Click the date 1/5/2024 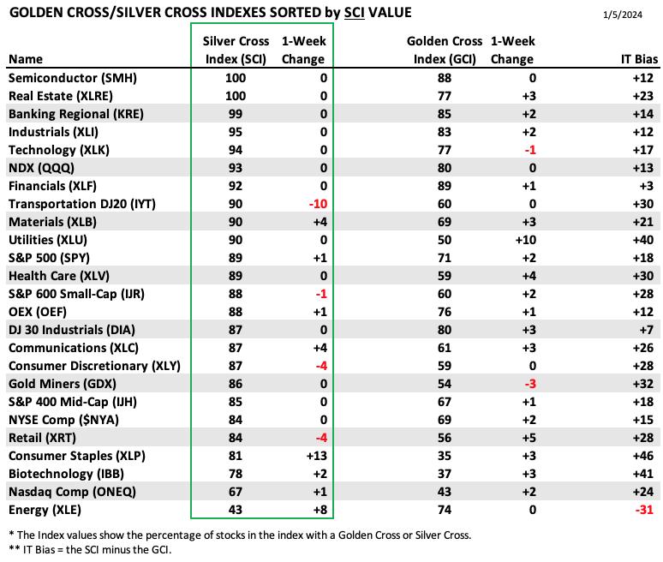pos(623,15)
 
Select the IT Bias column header pos(639,59)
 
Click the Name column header pos(26,59)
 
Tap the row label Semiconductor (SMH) pos(73,78)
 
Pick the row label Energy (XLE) pos(45,510)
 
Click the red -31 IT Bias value pos(644,510)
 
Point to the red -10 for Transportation pos(318,204)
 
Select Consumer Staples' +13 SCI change pos(317,456)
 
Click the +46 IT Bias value pos(643,456)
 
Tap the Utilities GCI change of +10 pos(526,240)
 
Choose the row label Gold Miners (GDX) pos(63,384)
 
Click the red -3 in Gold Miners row pos(530,384)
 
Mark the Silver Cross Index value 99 pos(235,114)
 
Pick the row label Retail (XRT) pos(42,438)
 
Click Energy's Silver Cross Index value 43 pos(235,510)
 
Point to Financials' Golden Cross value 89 pos(445,186)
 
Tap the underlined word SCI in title pos(355,13)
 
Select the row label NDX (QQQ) pos(41,168)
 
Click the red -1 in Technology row pos(530,150)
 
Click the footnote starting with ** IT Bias pos(90,550)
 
